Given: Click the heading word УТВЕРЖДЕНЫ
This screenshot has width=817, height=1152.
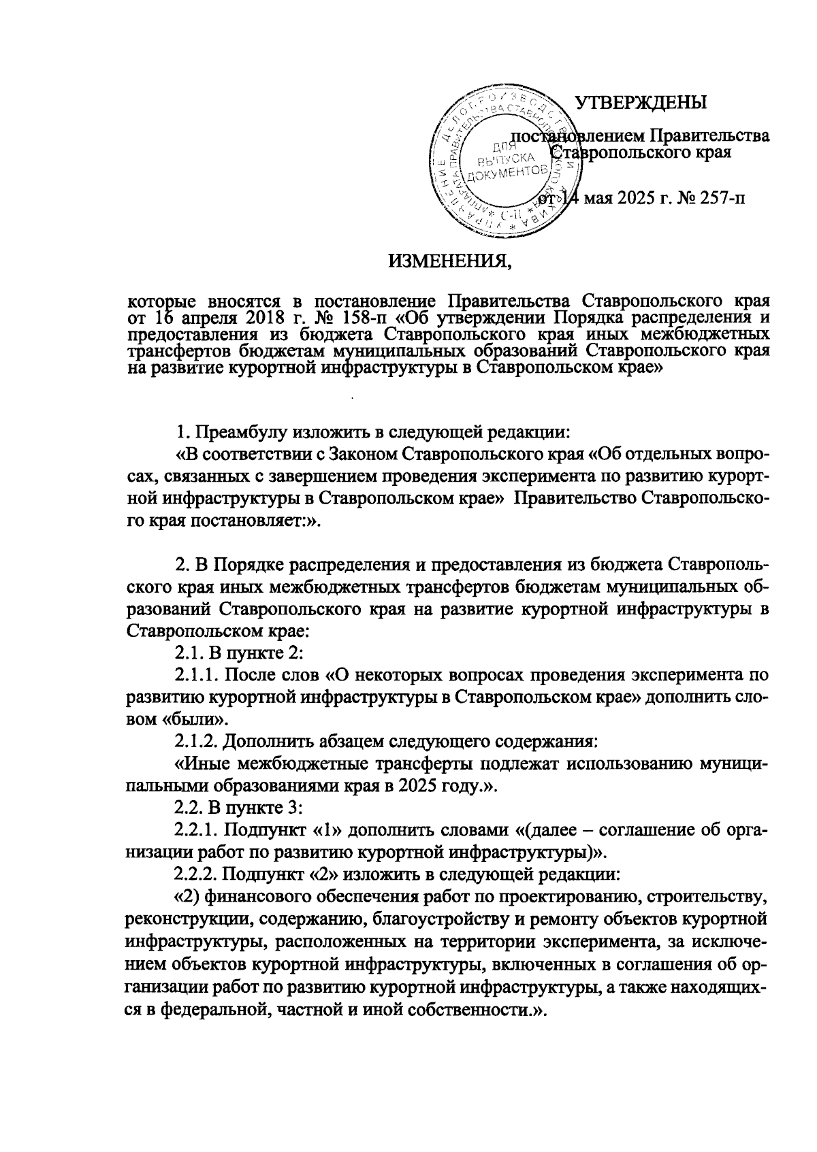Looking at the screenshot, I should pyautogui.click(x=641, y=103).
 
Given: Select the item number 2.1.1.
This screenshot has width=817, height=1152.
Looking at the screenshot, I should pyautogui.click(x=197, y=675).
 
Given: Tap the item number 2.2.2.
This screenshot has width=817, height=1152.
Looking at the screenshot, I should pyautogui.click(x=197, y=874).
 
